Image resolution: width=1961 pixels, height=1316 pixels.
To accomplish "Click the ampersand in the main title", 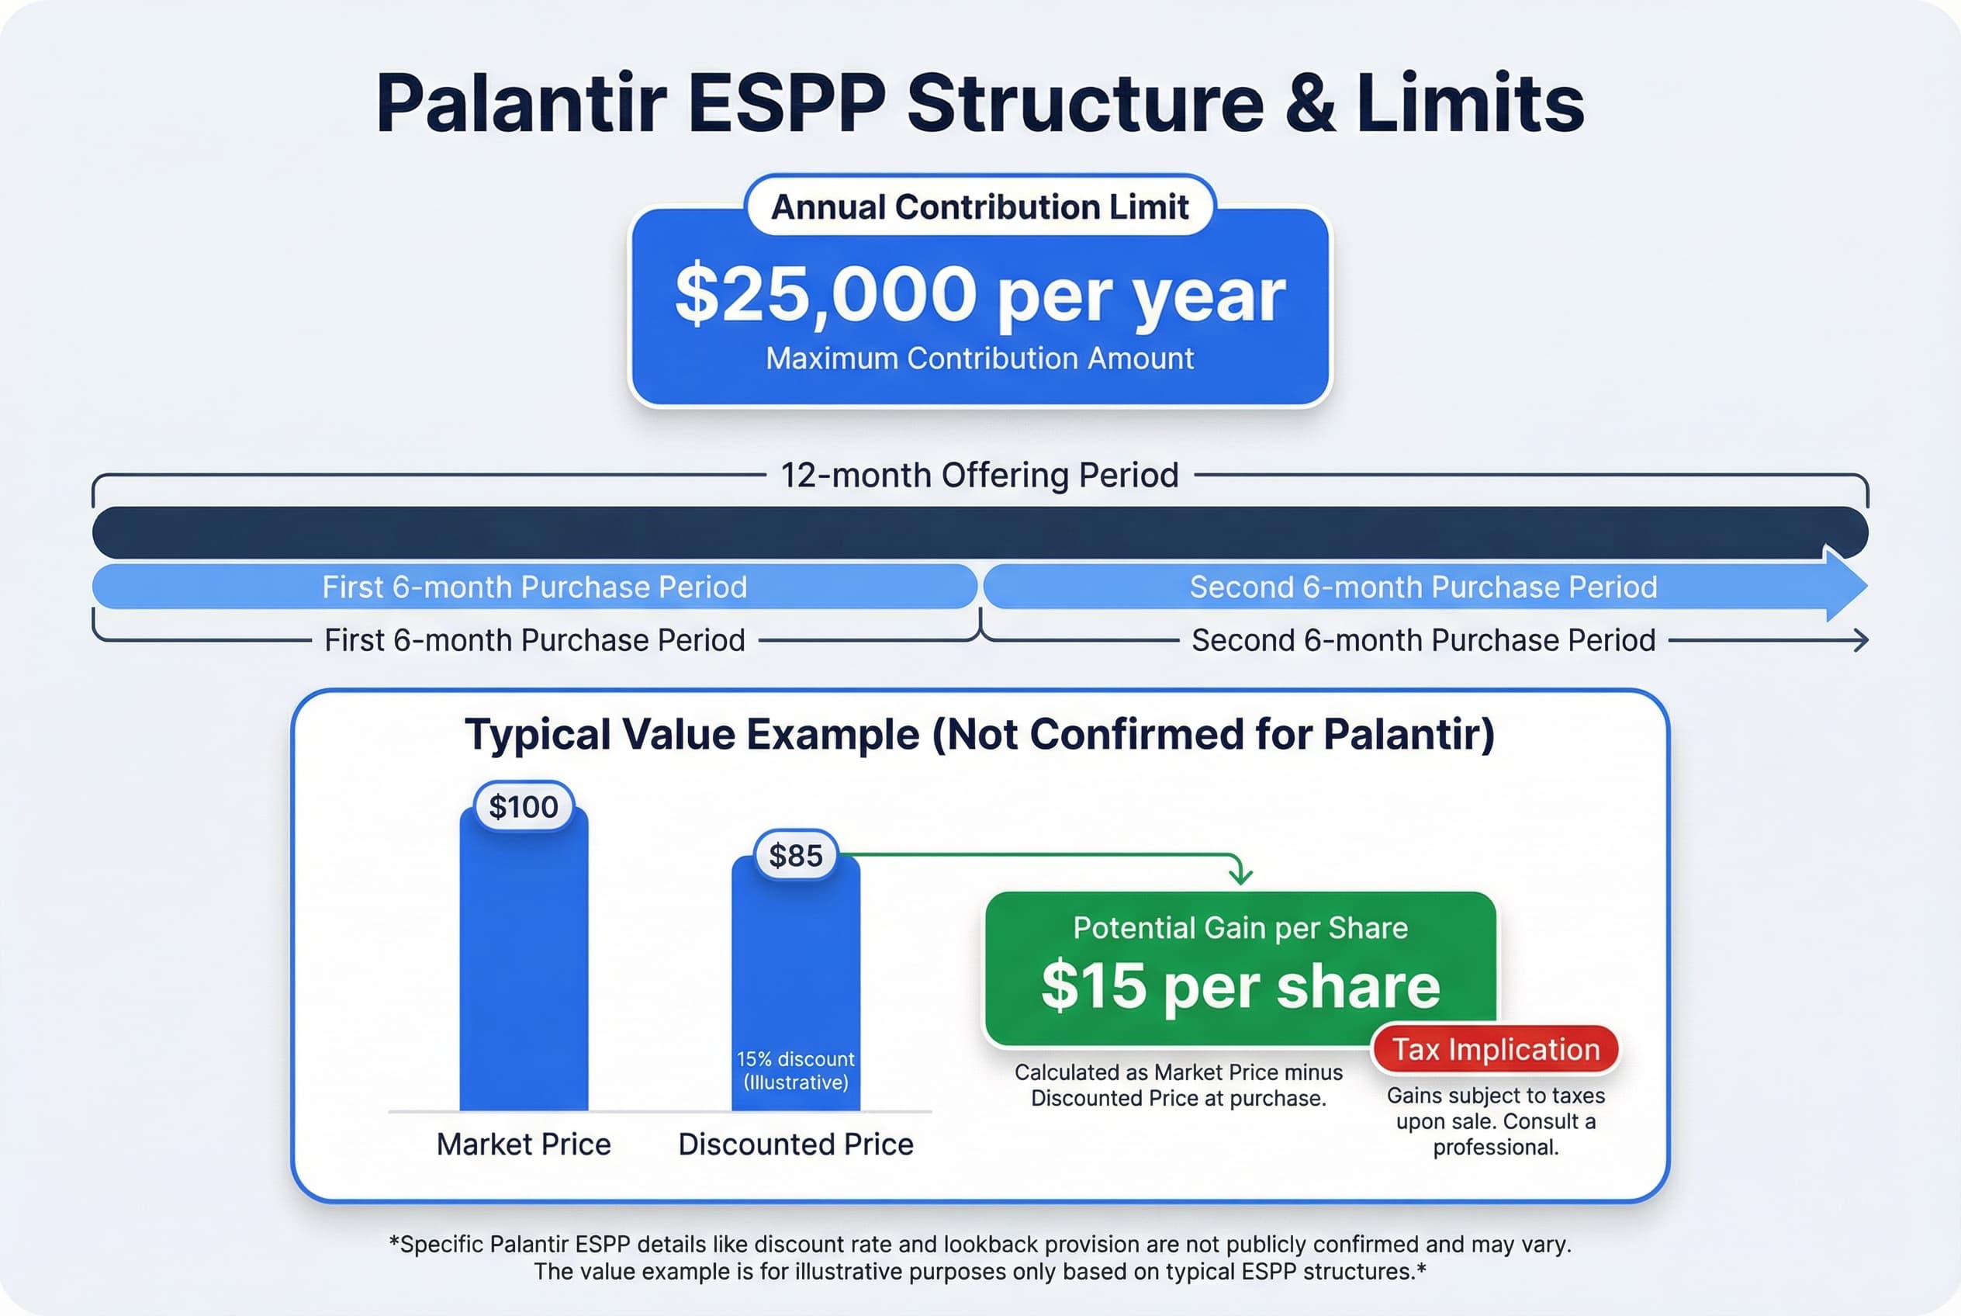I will [x=1310, y=104].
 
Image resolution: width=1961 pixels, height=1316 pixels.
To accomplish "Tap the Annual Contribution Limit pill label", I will [x=979, y=206].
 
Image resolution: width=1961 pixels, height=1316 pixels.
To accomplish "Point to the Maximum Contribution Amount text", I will [x=979, y=358].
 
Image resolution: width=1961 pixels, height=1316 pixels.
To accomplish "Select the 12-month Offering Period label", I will [x=979, y=475].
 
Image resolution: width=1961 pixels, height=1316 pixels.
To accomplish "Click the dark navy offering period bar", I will [x=979, y=532].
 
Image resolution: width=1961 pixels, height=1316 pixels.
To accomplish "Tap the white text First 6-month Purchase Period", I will [x=534, y=587].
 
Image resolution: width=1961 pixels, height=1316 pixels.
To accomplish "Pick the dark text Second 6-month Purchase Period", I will [x=1423, y=640].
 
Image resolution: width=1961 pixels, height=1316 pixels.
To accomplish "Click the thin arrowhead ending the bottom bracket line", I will [x=1861, y=640].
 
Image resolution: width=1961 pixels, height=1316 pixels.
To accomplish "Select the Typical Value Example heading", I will [x=979, y=734].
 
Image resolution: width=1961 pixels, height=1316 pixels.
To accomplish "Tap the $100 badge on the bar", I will [x=524, y=806].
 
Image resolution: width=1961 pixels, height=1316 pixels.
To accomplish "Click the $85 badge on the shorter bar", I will [x=795, y=855].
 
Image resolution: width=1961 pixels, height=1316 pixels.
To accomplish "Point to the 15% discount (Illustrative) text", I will [x=795, y=1070].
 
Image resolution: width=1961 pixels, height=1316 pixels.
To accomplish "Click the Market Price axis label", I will [x=524, y=1144].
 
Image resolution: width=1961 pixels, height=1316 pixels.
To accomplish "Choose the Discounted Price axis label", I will [x=795, y=1144].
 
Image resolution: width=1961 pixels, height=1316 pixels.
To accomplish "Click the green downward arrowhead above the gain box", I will [x=1240, y=876].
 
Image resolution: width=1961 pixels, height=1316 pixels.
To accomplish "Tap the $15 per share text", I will [x=1240, y=985].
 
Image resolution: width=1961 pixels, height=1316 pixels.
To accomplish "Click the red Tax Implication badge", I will [x=1496, y=1049].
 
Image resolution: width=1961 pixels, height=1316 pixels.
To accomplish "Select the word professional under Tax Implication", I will [x=1495, y=1148].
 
